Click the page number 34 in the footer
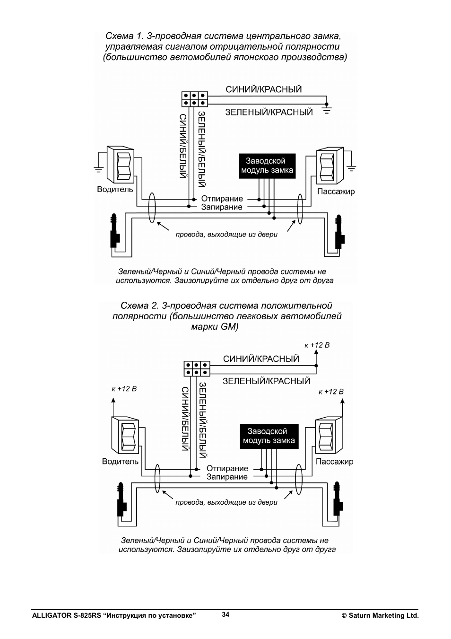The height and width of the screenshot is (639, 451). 225,614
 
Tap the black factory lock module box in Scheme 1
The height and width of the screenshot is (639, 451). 267,166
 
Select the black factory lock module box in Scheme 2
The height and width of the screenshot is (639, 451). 269,436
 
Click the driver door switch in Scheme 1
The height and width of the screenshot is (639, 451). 121,165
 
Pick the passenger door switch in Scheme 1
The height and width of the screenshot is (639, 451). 330,166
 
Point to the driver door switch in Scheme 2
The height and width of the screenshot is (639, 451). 125,435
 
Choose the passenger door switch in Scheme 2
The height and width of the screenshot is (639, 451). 329,435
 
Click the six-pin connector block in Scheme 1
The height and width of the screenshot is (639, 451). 194,99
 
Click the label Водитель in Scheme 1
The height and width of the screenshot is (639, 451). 115,189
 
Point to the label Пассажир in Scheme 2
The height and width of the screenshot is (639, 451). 334,462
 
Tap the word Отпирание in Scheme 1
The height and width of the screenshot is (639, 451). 222,199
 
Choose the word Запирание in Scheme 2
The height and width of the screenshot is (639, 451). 227,477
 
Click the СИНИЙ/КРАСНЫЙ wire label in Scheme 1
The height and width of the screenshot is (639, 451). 264,89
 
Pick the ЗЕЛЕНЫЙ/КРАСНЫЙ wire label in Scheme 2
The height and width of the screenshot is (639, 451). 266,381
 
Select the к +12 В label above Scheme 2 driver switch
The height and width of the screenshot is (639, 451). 124,389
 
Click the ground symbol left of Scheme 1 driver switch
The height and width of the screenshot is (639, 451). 99,170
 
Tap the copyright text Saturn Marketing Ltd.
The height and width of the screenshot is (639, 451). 380,615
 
